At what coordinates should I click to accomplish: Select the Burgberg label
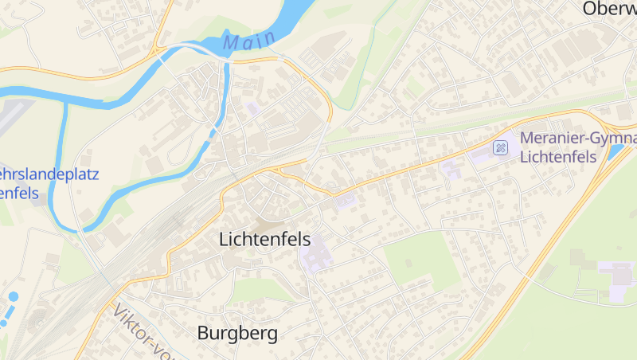coord(237,333)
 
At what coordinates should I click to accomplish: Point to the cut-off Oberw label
coord(609,9)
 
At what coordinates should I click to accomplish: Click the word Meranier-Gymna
coord(577,138)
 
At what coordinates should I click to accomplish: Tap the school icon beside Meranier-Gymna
coord(500,147)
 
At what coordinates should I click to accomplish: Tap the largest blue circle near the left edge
coord(13,296)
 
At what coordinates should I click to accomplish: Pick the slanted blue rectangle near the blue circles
coord(5,319)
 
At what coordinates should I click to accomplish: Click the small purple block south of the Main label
coord(253,108)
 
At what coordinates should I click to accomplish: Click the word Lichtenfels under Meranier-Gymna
coord(557,156)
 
